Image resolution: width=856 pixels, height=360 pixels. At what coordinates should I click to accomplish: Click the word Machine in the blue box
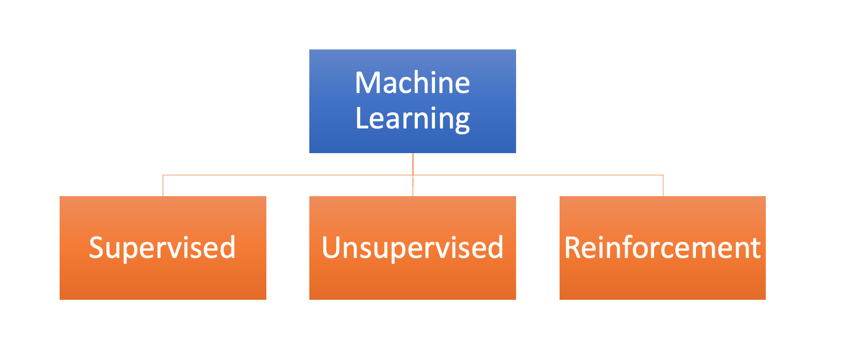click(x=412, y=82)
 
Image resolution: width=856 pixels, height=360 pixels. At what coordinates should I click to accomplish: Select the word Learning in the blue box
click(x=413, y=119)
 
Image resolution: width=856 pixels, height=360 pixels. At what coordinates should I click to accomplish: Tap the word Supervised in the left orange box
click(x=162, y=248)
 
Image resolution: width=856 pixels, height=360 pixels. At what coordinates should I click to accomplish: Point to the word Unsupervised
click(x=413, y=248)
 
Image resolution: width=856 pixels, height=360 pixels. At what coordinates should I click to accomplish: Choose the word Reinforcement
click(x=662, y=248)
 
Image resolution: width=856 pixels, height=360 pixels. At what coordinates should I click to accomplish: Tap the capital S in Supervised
click(x=96, y=248)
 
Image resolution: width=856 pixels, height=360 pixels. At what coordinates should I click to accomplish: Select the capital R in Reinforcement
click(x=572, y=248)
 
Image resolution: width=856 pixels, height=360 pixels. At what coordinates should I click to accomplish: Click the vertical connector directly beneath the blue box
click(x=413, y=164)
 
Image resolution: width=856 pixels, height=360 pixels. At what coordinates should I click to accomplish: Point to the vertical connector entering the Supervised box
click(x=163, y=186)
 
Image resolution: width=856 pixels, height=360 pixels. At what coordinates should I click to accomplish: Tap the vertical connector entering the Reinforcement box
click(x=663, y=186)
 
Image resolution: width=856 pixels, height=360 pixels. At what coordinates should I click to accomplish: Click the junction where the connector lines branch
click(x=413, y=175)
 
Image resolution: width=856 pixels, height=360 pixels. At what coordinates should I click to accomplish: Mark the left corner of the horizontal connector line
click(x=163, y=175)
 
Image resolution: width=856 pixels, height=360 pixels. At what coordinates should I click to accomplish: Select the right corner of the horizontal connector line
click(x=663, y=175)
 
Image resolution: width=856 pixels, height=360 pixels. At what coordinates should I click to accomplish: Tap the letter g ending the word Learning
click(x=462, y=121)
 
